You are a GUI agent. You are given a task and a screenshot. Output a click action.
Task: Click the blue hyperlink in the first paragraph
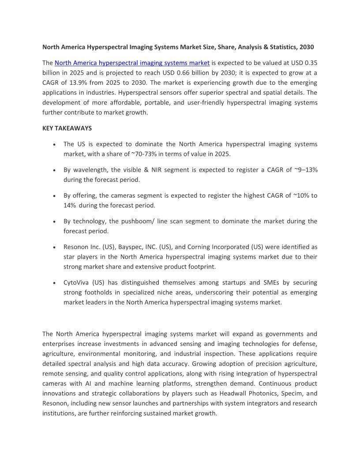(x=132, y=63)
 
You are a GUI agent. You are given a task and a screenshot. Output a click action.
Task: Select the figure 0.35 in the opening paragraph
(x=310, y=63)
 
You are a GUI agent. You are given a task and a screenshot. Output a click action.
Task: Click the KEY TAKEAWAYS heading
(x=67, y=128)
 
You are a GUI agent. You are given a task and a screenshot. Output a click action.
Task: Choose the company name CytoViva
(x=76, y=282)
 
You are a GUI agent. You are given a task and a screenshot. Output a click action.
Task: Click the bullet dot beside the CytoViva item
(x=53, y=283)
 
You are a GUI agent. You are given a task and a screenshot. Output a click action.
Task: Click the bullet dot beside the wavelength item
(x=53, y=170)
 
